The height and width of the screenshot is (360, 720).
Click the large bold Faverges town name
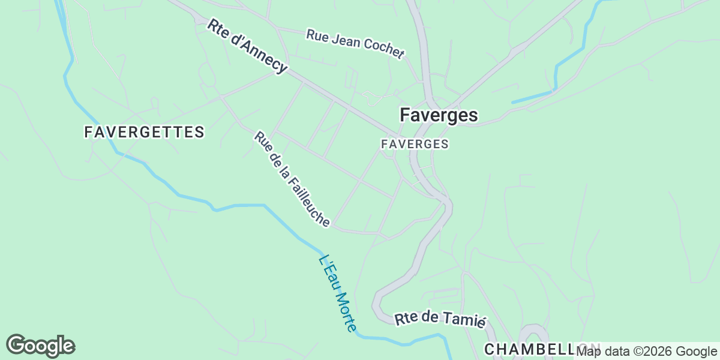click(x=439, y=115)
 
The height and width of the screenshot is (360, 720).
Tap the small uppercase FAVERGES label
click(x=415, y=145)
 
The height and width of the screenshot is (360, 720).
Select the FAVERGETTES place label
click(x=145, y=132)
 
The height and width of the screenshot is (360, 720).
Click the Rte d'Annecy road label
click(x=247, y=46)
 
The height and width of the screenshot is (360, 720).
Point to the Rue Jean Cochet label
click(x=355, y=44)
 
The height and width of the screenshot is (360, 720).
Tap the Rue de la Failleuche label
click(x=292, y=179)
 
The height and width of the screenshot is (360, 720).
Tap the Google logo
click(x=40, y=346)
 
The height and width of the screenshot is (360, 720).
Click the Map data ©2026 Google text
click(x=646, y=351)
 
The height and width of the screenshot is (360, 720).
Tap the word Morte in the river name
click(x=346, y=311)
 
